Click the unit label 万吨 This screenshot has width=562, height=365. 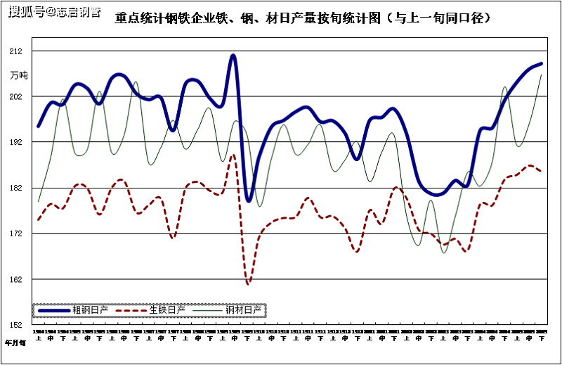(x=18, y=75)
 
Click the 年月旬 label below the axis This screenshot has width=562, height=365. (x=15, y=343)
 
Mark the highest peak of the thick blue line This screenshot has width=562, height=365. (x=233, y=55)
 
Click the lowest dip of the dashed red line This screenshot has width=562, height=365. (x=248, y=283)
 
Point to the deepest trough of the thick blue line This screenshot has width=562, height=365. (x=249, y=200)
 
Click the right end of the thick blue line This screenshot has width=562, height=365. (x=541, y=64)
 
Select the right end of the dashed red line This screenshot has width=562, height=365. (x=541, y=171)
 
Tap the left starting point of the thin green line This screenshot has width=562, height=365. (x=39, y=201)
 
